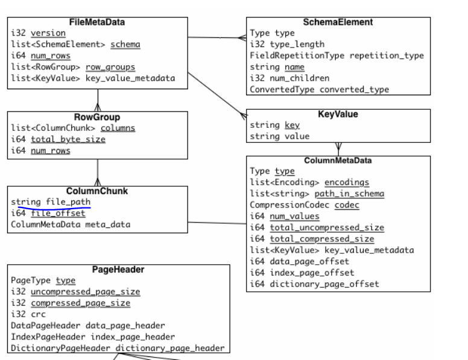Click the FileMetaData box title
[97, 22]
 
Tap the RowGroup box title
[97, 117]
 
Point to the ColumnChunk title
[97, 191]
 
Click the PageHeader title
[118, 270]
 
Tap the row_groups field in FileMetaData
[110, 66]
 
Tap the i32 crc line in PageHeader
[27, 314]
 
